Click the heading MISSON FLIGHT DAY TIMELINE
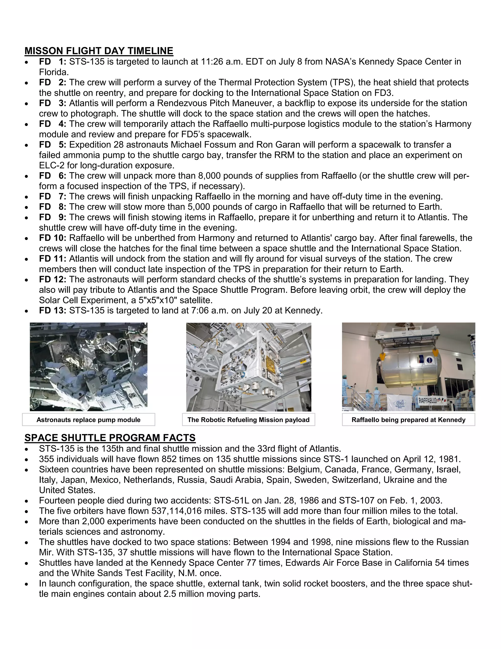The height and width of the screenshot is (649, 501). (x=99, y=51)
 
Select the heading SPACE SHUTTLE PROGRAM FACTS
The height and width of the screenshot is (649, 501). (x=110, y=438)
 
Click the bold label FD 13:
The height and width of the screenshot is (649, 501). (x=53, y=311)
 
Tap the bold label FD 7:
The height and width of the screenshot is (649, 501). (x=53, y=196)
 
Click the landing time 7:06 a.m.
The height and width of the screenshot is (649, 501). (x=210, y=311)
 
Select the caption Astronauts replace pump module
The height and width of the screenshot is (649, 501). (x=89, y=420)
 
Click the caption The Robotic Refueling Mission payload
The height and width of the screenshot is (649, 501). (x=249, y=420)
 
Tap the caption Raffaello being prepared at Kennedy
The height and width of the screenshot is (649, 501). (x=408, y=420)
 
